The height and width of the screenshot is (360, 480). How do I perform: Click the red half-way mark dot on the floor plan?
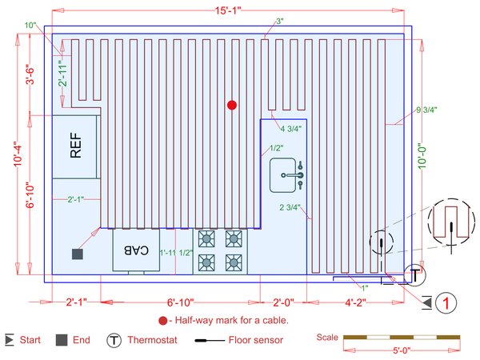(x=232, y=105)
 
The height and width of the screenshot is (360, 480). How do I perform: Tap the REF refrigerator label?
(x=76, y=148)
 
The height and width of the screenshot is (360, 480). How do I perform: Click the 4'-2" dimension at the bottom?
(x=352, y=302)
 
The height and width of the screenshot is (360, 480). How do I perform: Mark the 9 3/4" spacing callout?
(x=429, y=110)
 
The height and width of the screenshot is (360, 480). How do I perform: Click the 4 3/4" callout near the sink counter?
(x=290, y=128)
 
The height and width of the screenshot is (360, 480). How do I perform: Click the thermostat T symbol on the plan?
(x=414, y=275)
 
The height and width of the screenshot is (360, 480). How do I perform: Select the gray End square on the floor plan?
(x=78, y=254)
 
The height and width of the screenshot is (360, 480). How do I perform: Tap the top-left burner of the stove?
(x=206, y=238)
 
